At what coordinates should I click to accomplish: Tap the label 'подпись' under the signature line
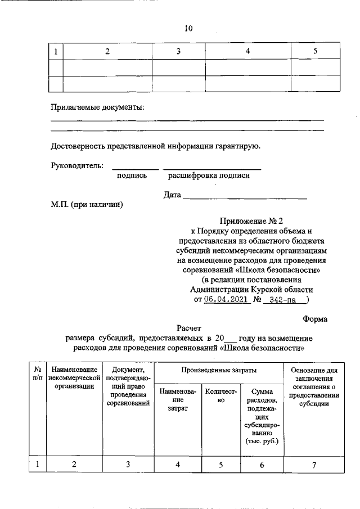(132, 176)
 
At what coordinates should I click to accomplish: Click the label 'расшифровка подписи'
(209, 176)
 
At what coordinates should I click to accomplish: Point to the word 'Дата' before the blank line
(172, 196)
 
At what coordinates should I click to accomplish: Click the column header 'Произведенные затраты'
(219, 370)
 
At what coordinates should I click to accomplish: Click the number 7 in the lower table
(314, 464)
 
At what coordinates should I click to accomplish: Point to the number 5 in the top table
(315, 52)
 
